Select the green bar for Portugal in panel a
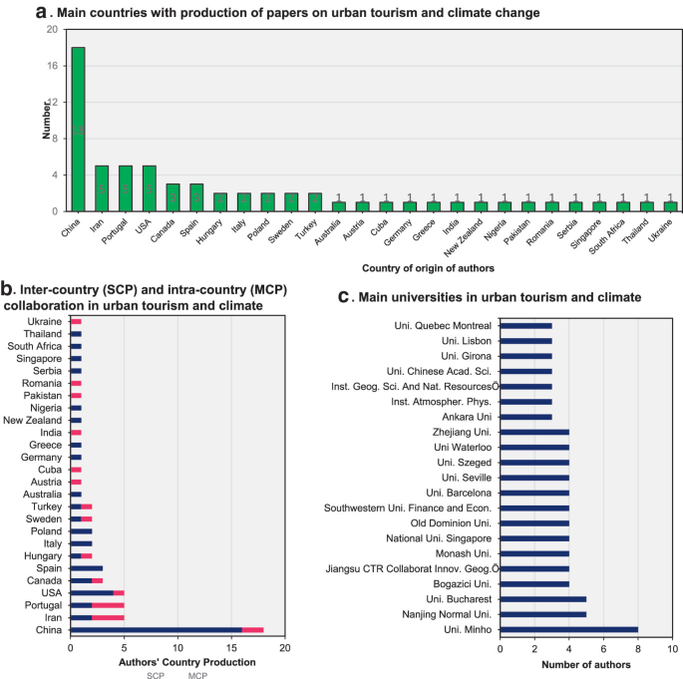tap(125, 188)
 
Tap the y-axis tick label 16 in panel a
tap(50, 66)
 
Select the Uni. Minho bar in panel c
tap(568, 629)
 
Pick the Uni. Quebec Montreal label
tap(444, 325)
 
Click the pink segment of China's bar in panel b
tap(253, 629)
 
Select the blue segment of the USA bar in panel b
tap(92, 592)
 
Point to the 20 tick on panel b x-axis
tap(285, 647)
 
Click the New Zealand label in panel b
tap(33, 420)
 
